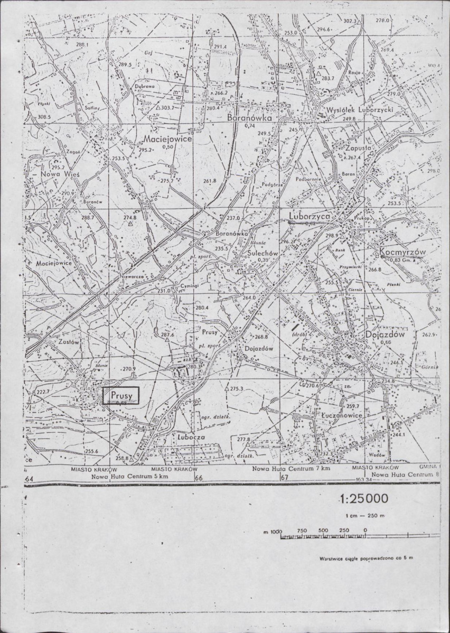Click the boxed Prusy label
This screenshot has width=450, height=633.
[120, 395]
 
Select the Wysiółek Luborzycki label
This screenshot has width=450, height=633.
[357, 111]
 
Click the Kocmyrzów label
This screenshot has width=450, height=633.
[403, 253]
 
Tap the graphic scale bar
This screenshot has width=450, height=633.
[323, 537]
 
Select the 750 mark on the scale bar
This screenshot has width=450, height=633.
[302, 530]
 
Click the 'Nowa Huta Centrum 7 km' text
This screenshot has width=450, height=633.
[291, 469]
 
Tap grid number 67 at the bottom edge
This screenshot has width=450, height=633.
[284, 478]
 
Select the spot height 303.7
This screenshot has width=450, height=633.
[167, 108]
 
